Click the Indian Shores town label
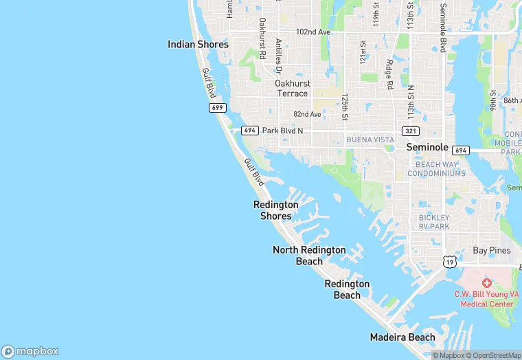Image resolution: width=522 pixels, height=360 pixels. pos(198,44)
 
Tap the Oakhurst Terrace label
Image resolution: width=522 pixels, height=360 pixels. pos(293,88)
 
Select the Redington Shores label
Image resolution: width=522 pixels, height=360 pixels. pos(276,210)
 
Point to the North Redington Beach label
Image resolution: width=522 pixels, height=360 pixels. pos(309,256)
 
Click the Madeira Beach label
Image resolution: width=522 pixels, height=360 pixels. pos(402,337)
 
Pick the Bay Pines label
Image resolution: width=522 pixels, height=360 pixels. pos(492,251)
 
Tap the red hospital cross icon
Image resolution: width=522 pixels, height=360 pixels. pos(487,283)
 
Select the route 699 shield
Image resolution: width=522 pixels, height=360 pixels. pos(218,108)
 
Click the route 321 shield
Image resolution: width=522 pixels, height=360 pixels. pos(411,131)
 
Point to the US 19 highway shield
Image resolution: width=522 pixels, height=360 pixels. pos(449,262)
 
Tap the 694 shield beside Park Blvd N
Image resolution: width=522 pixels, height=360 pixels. pos(249,131)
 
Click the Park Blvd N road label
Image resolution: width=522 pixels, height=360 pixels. pos(282,131)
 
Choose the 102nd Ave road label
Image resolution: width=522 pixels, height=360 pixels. pos(313,32)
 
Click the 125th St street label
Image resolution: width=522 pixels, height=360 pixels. pos(345,107)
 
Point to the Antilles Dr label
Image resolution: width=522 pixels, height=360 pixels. pos(279,56)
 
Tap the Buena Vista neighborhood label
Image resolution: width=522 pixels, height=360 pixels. pos(370,139)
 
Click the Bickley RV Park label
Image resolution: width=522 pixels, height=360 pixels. pos(434,222)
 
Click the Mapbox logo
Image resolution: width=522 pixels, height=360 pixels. pos(30,351)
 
